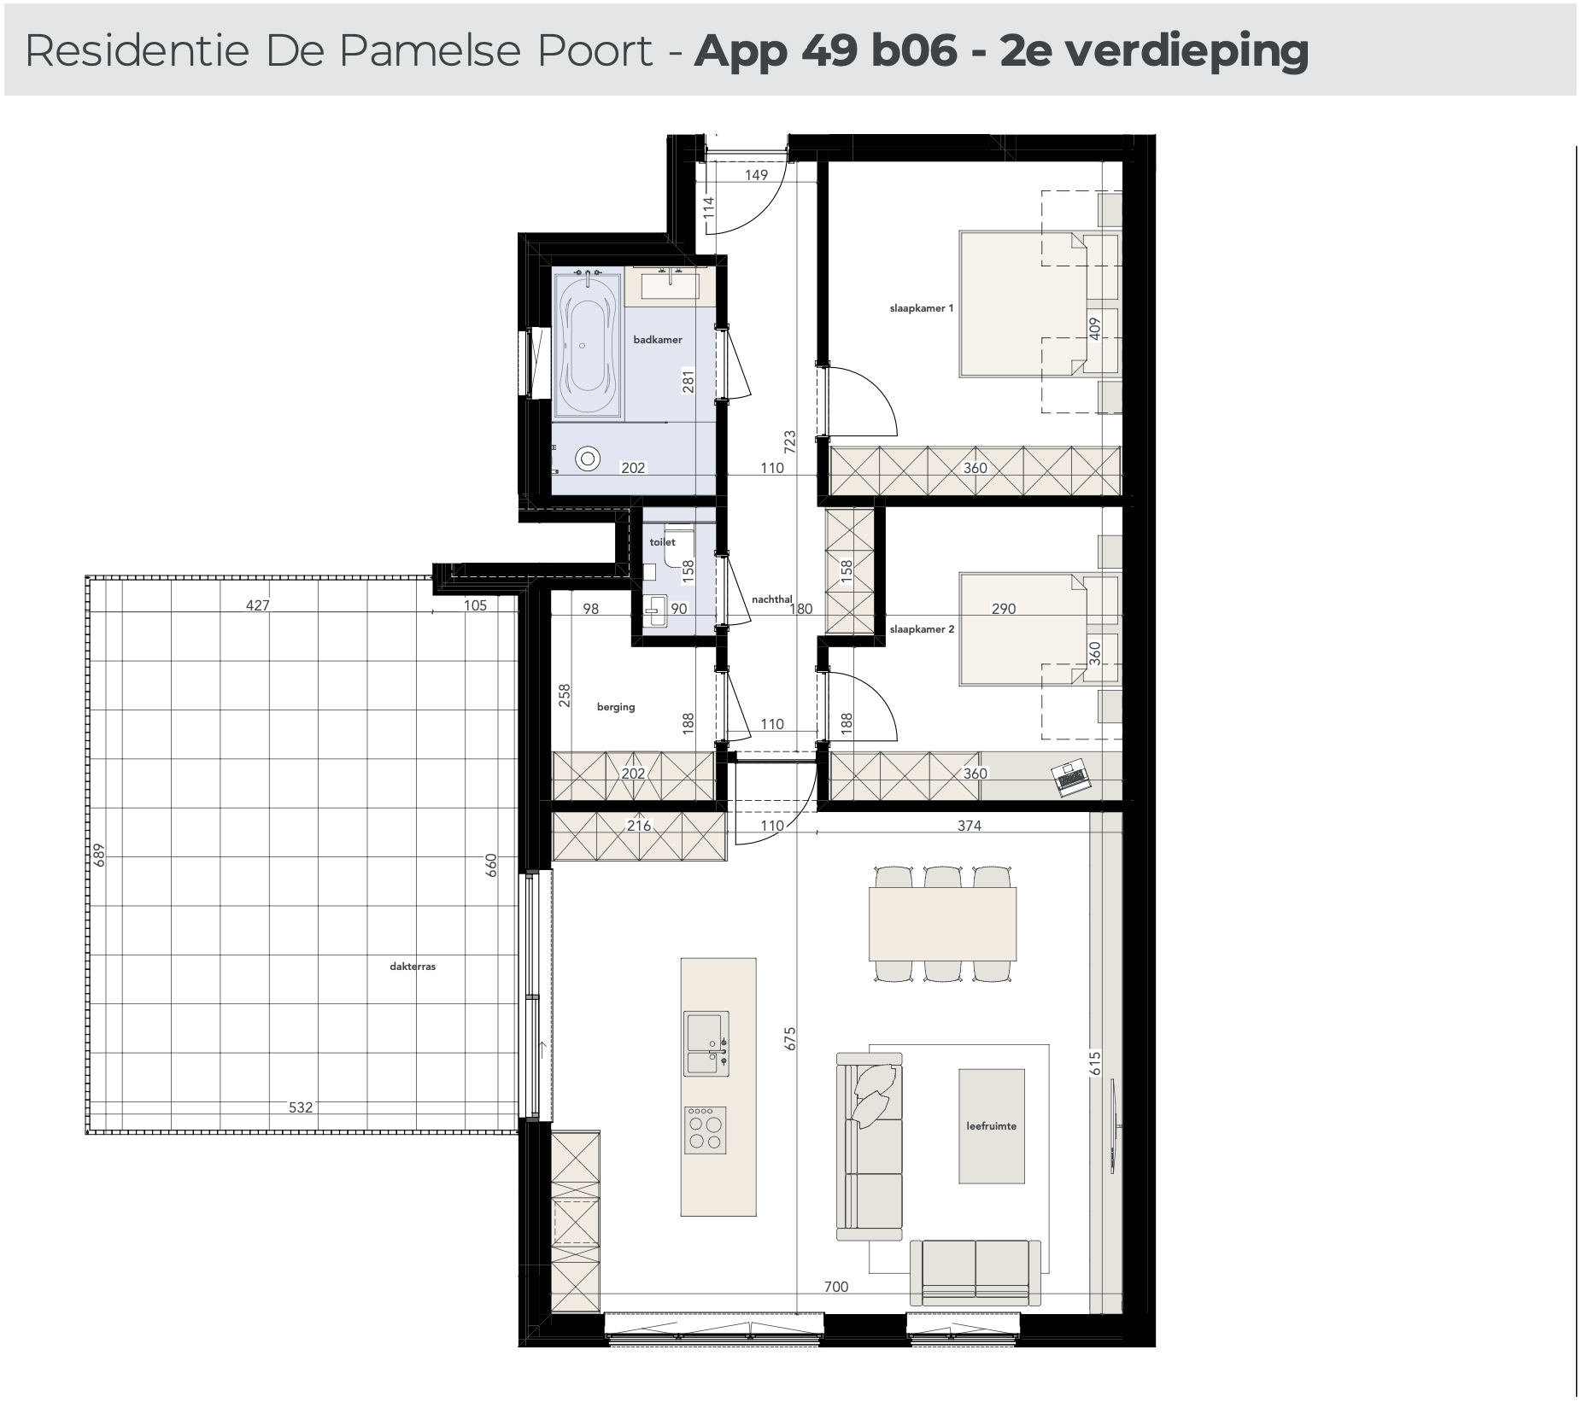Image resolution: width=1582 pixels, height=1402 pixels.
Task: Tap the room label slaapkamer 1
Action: pos(921,308)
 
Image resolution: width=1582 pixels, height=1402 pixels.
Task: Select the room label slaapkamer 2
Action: pos(921,629)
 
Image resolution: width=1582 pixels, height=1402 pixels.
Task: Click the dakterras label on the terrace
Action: pos(413,967)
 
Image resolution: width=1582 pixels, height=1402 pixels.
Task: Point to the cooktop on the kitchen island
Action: pos(706,1130)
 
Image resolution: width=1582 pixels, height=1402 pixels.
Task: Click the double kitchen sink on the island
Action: pos(706,1042)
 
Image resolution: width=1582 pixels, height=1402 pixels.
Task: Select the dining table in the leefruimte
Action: pos(942,925)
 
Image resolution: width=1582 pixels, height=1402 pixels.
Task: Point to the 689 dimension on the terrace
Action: pos(99,855)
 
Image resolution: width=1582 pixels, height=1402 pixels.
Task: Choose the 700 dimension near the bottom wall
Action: pos(836,1287)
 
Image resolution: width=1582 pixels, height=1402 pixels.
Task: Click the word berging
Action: pos(616,707)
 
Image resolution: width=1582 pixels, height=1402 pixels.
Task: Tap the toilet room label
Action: pos(662,542)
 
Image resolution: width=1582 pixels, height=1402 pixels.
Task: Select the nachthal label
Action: pos(771,599)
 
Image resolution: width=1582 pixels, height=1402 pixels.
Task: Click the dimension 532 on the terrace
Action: pos(301,1107)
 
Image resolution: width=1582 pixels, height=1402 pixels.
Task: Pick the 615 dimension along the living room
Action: pos(1095,1063)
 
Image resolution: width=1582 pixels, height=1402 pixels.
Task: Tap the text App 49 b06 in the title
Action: pos(826,51)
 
